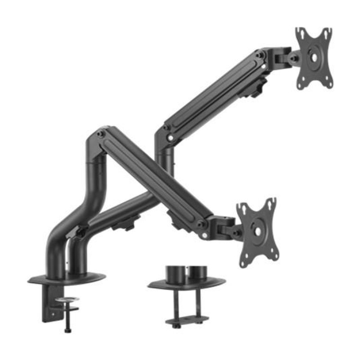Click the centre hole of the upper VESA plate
point(314,57)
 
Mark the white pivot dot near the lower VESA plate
point(205,235)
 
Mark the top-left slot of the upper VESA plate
point(301,34)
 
